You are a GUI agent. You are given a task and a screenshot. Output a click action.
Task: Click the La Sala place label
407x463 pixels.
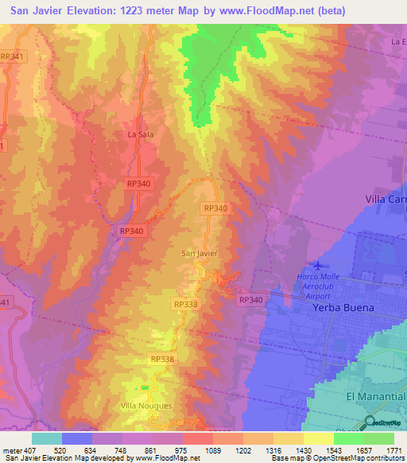[140, 134]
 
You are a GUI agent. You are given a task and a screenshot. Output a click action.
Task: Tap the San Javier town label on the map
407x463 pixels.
[200, 254]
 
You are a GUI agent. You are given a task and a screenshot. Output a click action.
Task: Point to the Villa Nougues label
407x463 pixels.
[145, 407]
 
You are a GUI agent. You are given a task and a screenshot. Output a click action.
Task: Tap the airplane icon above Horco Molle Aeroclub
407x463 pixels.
[318, 266]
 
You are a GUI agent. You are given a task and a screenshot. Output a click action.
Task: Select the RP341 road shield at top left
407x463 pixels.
[12, 56]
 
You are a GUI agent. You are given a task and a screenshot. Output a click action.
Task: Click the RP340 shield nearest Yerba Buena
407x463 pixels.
[250, 300]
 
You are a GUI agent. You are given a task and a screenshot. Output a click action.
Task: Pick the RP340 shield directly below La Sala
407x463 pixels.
[138, 184]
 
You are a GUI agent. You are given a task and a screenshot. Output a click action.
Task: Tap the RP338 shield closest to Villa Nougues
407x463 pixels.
[161, 360]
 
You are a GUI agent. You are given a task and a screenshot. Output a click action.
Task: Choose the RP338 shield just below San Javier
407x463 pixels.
[184, 305]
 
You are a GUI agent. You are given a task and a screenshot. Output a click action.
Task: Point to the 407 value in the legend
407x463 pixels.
[29, 450]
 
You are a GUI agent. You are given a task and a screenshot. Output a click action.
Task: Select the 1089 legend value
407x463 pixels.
[212, 450]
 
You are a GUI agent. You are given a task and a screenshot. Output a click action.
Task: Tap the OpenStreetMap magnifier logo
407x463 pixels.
[370, 422]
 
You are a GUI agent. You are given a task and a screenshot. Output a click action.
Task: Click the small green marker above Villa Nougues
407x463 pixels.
[145, 387]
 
